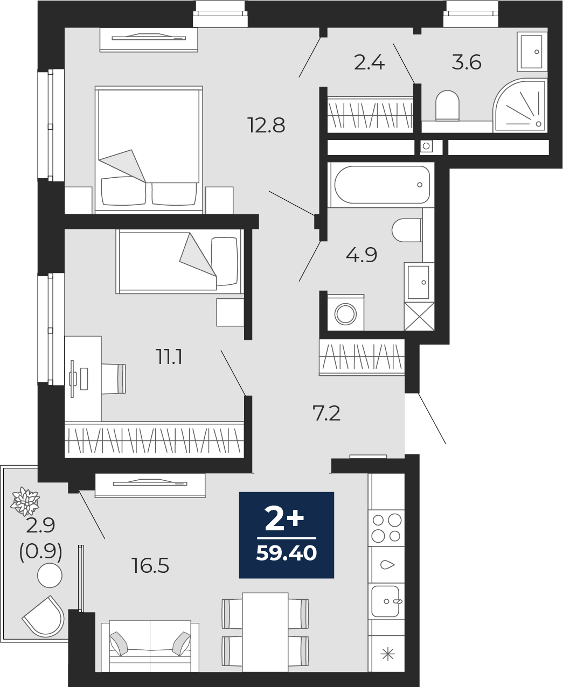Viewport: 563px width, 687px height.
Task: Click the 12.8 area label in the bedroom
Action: pos(266,125)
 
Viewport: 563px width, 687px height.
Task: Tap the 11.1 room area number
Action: pos(169,357)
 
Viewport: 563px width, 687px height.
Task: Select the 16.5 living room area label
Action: pos(150,565)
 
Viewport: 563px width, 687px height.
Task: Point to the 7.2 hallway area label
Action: pos(326,413)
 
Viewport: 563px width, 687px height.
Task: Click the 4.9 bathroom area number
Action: pos(361,255)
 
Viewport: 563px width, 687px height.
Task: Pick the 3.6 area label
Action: pos(467,62)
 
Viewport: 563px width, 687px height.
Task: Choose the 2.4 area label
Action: pos(369,63)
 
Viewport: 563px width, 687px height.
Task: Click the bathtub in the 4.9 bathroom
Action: pos(381,185)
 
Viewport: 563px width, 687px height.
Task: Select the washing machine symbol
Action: pos(345,313)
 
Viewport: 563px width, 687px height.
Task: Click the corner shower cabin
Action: pos(520,106)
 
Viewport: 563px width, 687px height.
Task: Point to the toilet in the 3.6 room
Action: pos(447,105)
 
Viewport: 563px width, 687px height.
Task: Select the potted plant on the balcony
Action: pos(25,501)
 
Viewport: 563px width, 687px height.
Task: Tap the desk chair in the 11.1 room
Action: pos(114,379)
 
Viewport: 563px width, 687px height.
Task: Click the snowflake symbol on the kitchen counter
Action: pos(387,654)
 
